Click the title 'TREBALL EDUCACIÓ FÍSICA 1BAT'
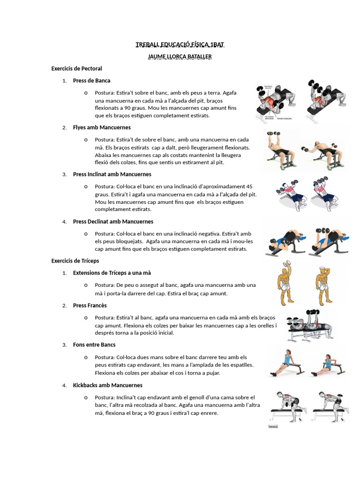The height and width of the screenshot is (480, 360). (x=180, y=45)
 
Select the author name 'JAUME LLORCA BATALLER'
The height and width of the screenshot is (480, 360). (x=180, y=57)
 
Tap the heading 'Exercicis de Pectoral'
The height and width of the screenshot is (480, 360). (x=76, y=68)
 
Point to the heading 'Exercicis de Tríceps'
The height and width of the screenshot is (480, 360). (x=75, y=261)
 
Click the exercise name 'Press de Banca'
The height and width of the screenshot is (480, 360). (x=91, y=81)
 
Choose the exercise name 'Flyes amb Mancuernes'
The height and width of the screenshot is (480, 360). (x=102, y=127)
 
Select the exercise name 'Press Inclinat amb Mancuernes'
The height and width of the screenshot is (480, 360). (x=112, y=174)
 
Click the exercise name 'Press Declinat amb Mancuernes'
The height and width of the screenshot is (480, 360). (x=113, y=222)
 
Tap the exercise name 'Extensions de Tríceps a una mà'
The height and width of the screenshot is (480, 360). (x=112, y=273)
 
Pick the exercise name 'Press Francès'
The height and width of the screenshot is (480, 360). (x=90, y=306)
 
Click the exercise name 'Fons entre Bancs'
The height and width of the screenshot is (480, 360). (x=94, y=345)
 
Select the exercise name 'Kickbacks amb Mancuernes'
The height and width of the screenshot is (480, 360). (x=108, y=385)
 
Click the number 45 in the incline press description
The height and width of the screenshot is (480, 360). (x=249, y=187)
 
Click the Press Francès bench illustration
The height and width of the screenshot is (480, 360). (x=309, y=325)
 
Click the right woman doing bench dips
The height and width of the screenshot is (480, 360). (x=329, y=364)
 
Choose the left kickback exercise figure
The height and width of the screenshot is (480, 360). (x=288, y=407)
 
